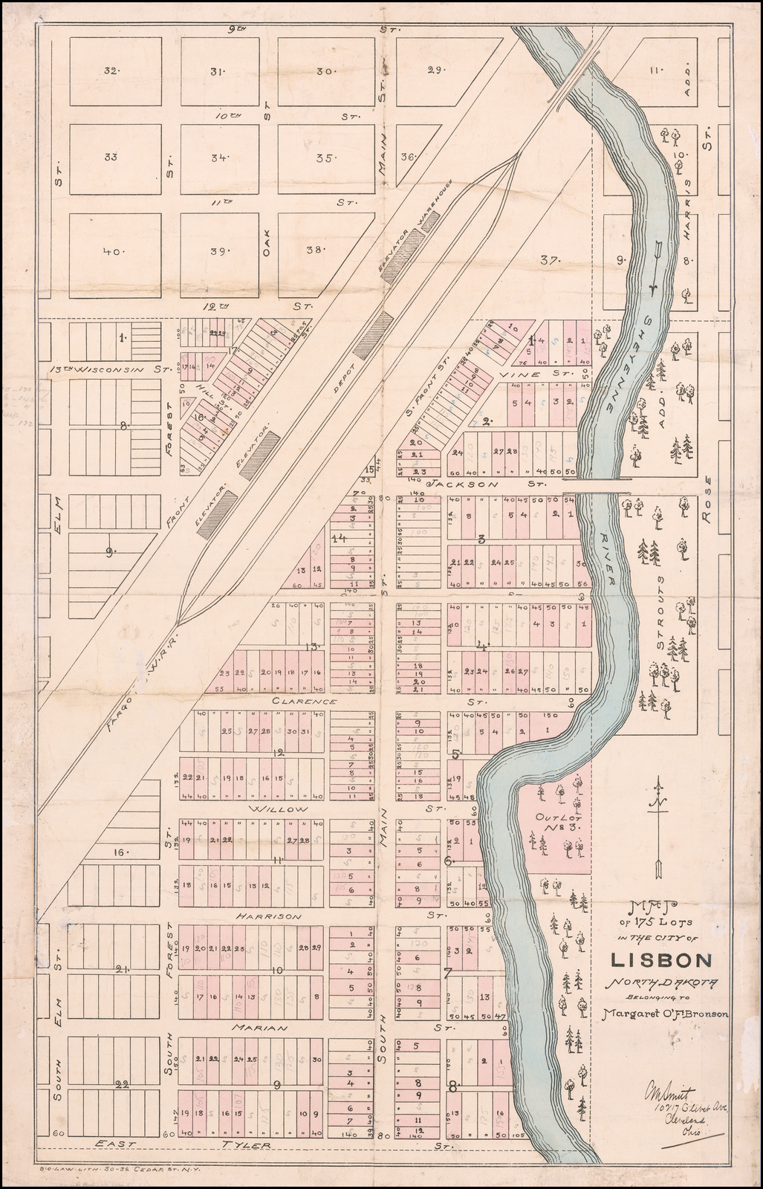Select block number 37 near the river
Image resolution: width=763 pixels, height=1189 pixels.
click(549, 261)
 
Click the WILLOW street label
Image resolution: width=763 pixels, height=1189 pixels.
click(278, 809)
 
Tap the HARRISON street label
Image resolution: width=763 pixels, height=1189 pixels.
click(269, 916)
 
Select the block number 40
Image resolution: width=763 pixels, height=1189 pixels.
click(112, 252)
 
